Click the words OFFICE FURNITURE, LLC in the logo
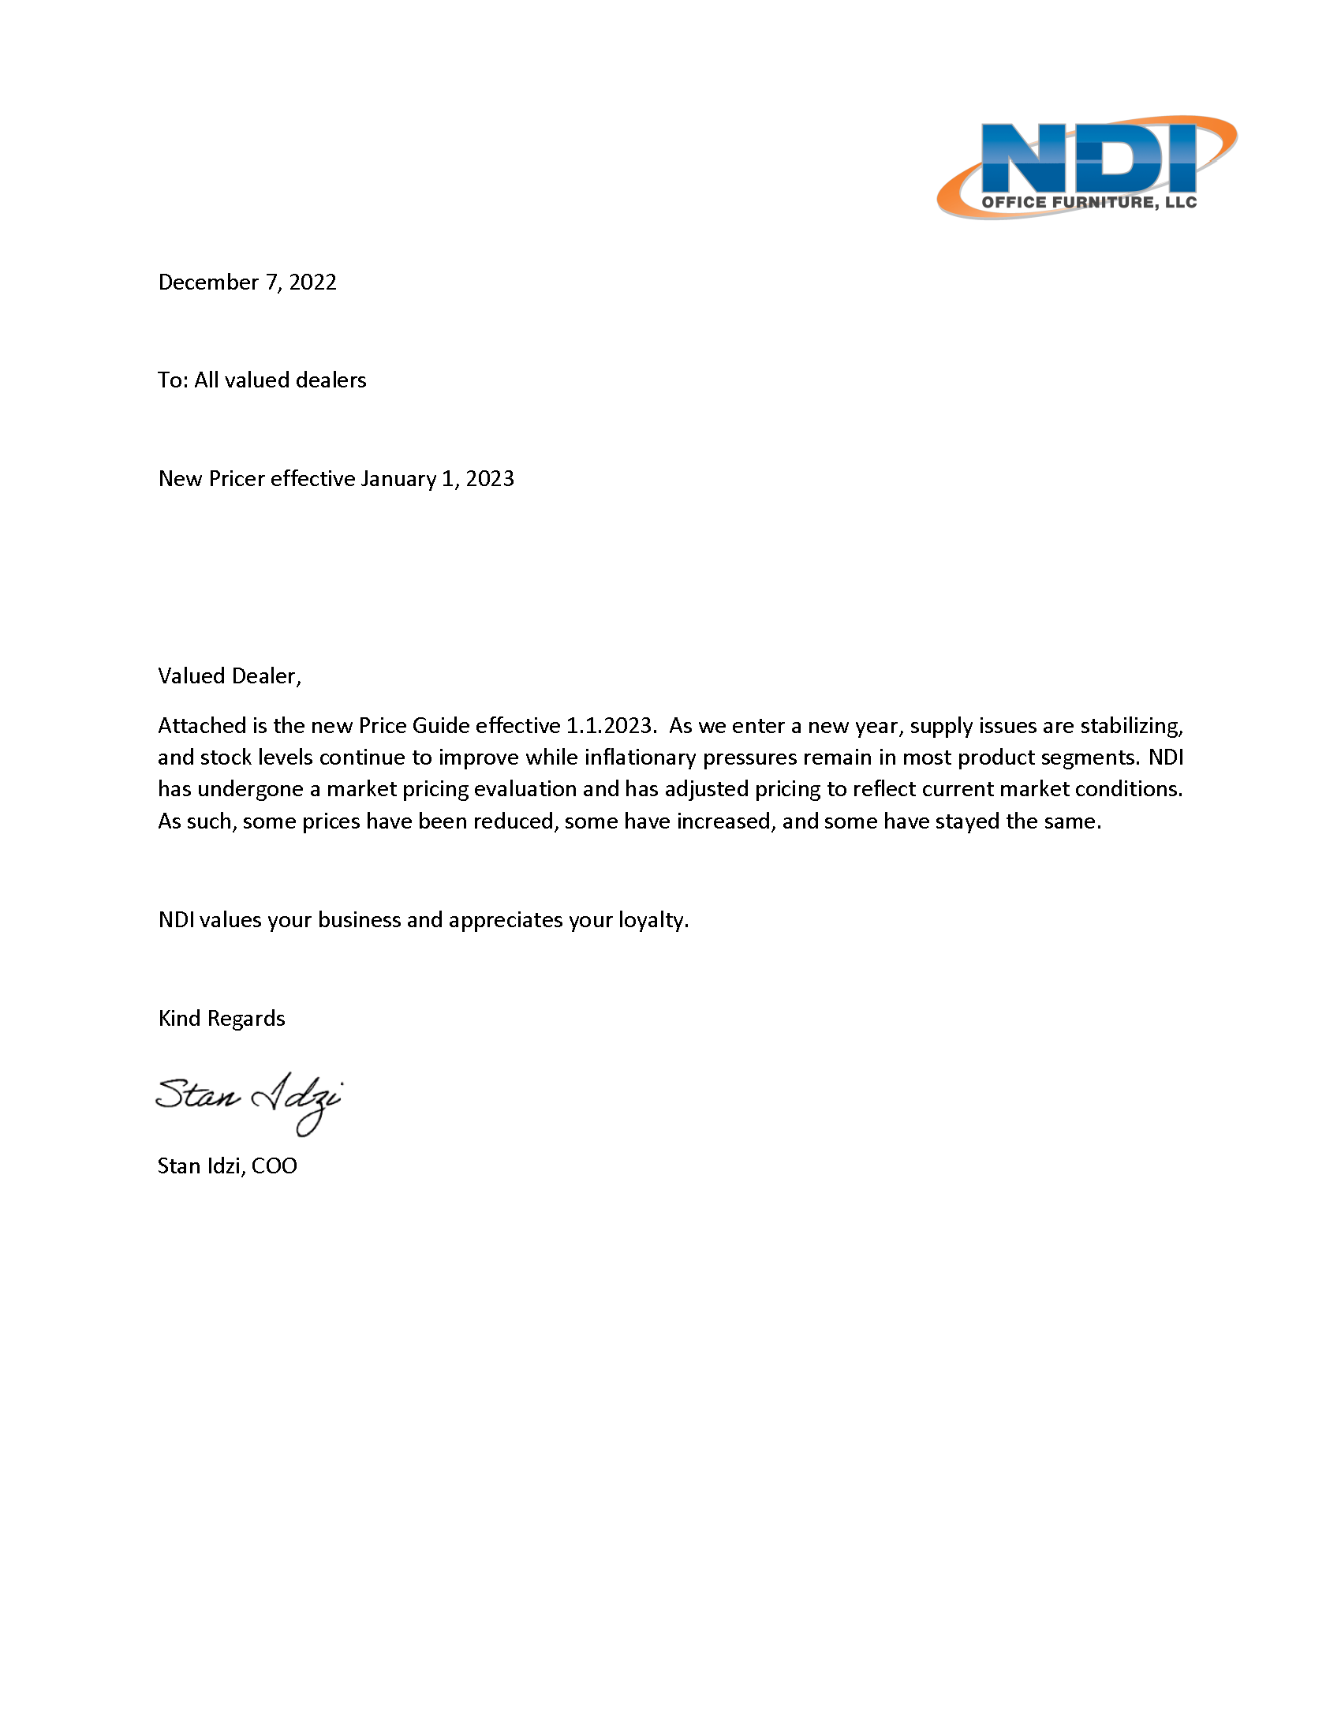pyautogui.click(x=1089, y=202)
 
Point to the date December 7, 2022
pyautogui.click(x=247, y=282)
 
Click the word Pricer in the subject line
pyautogui.click(x=237, y=478)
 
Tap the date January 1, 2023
pyautogui.click(x=437, y=478)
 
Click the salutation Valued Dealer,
pyautogui.click(x=230, y=675)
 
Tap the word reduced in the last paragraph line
pyautogui.click(x=518, y=821)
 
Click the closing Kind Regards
pyautogui.click(x=222, y=1018)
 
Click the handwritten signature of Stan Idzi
pyautogui.click(x=249, y=1101)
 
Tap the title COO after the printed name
pyautogui.click(x=274, y=1166)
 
